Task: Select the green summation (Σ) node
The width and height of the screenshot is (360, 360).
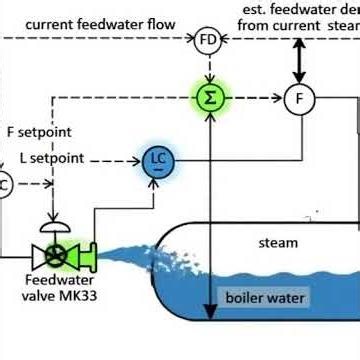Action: pyautogui.click(x=207, y=97)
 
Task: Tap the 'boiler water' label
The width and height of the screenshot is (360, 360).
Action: pyautogui.click(x=265, y=298)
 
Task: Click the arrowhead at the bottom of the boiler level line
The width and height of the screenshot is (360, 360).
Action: pyautogui.click(x=207, y=303)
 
